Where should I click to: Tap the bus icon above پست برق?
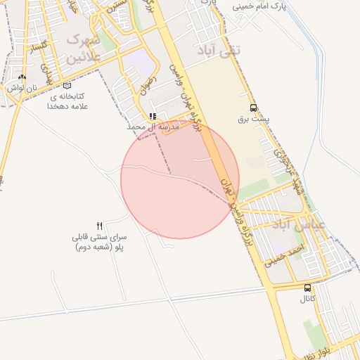(x=253, y=108)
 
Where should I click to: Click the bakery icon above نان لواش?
(x=22, y=77)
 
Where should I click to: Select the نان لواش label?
(x=22, y=88)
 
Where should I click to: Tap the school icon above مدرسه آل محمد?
(x=153, y=117)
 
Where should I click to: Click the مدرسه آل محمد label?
(x=150, y=127)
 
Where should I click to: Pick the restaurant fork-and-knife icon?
(x=99, y=226)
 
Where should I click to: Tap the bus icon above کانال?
(x=307, y=288)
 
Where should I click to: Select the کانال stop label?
(x=307, y=300)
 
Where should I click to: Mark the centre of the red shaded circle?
(x=180, y=179)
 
